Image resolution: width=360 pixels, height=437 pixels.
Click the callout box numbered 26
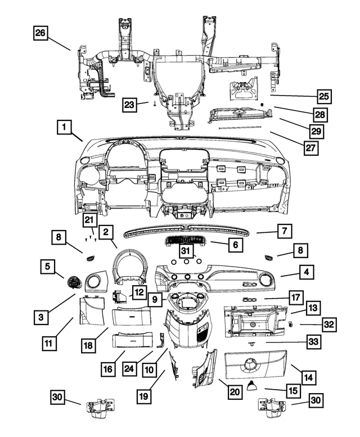(x=40, y=33)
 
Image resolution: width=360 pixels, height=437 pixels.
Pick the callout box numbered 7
(x=285, y=230)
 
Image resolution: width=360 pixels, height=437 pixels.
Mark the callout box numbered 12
(x=139, y=291)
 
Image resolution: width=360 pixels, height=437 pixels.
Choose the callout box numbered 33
(x=313, y=341)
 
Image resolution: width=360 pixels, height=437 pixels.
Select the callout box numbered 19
(x=145, y=395)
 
